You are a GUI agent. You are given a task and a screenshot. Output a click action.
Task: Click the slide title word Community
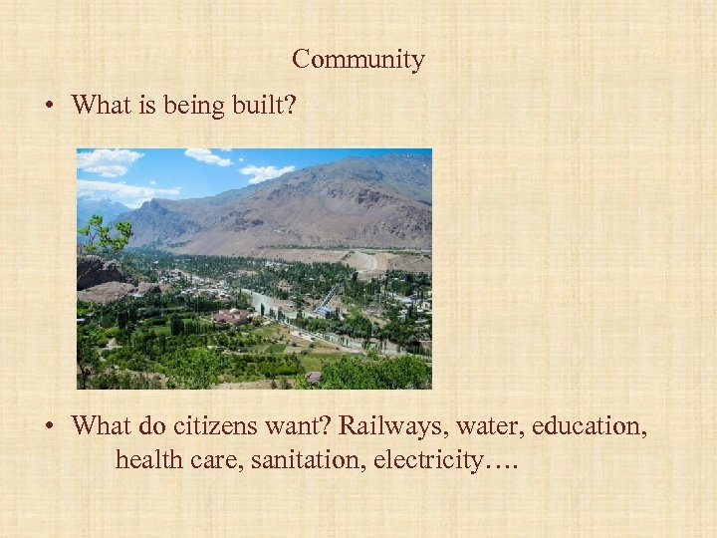click(358, 60)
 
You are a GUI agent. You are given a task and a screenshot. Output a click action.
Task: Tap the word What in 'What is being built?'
click(97, 105)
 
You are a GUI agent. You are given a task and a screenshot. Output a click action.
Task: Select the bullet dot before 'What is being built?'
click(49, 106)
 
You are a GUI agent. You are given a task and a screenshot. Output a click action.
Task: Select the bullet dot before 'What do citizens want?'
click(49, 427)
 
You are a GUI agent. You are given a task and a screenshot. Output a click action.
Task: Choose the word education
click(589, 426)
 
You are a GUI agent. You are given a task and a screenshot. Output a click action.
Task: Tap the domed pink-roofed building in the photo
click(232, 316)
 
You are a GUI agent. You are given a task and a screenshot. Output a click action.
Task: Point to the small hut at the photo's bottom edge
click(314, 378)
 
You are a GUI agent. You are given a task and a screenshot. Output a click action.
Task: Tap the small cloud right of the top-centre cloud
click(266, 172)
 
